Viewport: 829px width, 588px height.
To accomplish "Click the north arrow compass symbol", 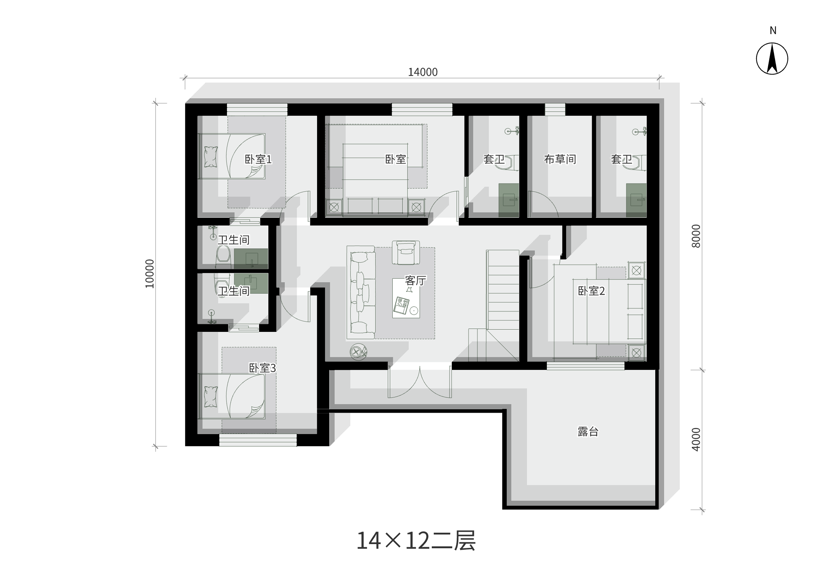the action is (772, 59).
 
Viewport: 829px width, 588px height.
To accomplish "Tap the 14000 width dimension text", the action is (423, 72).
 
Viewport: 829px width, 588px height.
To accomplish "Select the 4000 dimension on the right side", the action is (696, 440).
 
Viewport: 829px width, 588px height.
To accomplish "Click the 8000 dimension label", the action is (696, 236).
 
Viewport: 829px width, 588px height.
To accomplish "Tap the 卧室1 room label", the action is (258, 159).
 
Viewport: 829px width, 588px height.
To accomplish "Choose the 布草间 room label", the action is (560, 159).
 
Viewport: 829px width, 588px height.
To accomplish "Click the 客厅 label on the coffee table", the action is (415, 281).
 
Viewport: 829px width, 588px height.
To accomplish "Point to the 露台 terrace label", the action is (588, 432).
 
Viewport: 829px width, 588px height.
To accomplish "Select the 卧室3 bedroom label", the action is (262, 368).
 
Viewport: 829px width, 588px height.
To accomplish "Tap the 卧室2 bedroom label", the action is (591, 291).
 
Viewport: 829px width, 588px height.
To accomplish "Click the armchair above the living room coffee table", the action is (406, 252).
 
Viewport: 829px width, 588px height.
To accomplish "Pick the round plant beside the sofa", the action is (358, 352).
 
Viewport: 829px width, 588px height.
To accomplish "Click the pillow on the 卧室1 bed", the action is (211, 157).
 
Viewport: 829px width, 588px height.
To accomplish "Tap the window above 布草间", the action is (555, 110).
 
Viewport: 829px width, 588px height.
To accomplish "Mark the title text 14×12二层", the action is (416, 541).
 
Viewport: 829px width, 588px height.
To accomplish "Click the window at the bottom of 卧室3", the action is (258, 440).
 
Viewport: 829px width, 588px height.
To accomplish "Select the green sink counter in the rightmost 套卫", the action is (636, 200).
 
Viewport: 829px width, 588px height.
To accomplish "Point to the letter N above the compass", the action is (773, 30).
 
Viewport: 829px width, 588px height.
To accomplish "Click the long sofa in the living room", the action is (361, 292).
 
